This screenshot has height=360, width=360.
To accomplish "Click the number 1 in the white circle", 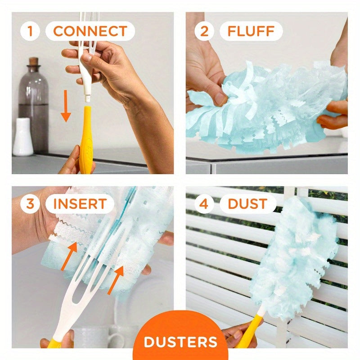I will coord(30,31).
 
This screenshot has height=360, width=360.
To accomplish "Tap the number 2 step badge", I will coord(204,31).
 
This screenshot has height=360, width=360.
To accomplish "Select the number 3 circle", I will coord(30,203).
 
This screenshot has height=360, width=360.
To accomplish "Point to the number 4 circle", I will coord(204,203).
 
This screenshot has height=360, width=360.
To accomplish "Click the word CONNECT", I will coord(90,31).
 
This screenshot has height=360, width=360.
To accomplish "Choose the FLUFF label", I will coord(251,31).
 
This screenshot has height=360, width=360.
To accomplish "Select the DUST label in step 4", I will coord(247,203).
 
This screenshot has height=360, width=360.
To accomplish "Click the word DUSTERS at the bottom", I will coord(180,341).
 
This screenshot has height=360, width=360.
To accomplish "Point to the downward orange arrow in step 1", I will coord(66,106).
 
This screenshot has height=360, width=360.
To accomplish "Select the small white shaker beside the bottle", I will coord(22,137).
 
